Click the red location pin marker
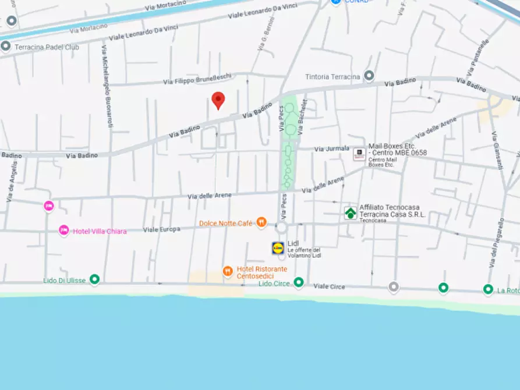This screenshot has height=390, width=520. tap(218, 100)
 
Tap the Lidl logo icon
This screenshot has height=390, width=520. tap(278, 248)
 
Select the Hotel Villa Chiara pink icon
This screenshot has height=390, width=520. tap(64, 231)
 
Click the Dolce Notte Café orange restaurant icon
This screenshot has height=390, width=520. tap(261, 222)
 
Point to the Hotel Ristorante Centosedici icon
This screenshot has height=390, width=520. tap(228, 271)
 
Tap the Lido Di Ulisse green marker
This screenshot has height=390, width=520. tap(94, 280)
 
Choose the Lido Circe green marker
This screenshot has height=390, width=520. tap(299, 283)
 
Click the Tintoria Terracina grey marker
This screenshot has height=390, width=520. tap(369, 76)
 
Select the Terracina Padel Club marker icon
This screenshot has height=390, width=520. tap(6, 47)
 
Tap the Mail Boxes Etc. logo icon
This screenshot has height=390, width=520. tap(359, 154)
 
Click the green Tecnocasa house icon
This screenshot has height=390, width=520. tap(350, 213)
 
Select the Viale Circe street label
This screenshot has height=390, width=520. tap(330, 286)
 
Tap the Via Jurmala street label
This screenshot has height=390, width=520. tap(332, 149)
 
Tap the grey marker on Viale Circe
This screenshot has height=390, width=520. tap(394, 286)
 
